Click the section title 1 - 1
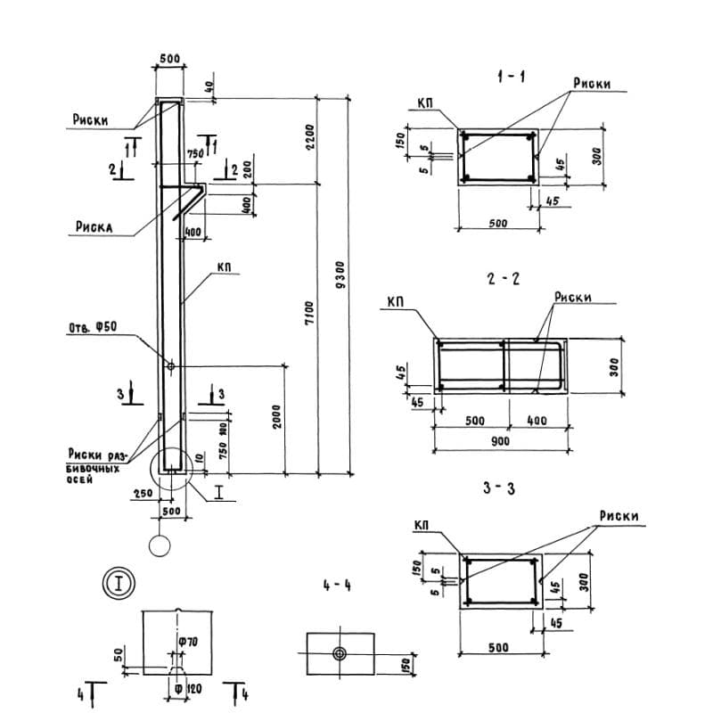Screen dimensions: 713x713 [511, 78]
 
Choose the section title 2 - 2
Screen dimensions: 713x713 [504, 279]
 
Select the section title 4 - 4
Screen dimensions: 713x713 [338, 586]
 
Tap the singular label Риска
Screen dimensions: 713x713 [91, 228]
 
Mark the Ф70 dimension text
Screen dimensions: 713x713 [187, 643]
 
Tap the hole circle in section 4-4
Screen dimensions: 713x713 [339, 653]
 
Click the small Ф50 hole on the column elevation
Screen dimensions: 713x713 [170, 365]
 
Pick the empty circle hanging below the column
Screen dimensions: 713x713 [160, 545]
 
